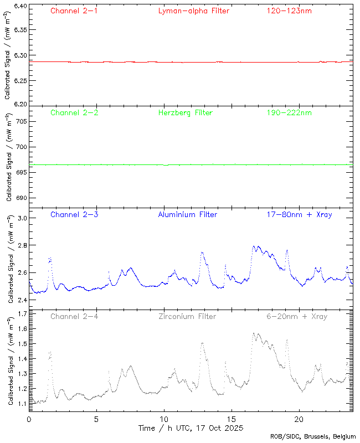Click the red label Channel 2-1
coord(74,11)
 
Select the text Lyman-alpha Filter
coord(193,11)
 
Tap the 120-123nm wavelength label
coord(289,11)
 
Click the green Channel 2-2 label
coord(74,112)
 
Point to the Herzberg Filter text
coord(185,112)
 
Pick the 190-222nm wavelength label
coord(289,112)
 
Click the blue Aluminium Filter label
coord(187,214)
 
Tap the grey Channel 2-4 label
coord(74,316)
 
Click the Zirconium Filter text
coord(187,316)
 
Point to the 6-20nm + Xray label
coord(296,316)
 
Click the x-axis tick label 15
coord(232,419)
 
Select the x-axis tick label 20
coord(299,419)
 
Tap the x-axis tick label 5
coord(96,419)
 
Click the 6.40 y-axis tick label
coord(20,6)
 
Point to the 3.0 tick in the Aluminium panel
coord(22,218)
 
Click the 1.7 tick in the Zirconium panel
coord(22,314)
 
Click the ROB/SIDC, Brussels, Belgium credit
coord(313,437)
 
